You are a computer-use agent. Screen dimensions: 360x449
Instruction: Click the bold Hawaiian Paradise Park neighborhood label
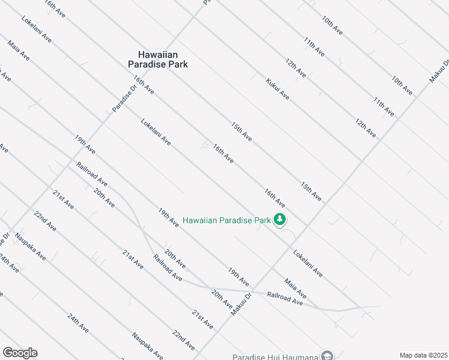point(158,59)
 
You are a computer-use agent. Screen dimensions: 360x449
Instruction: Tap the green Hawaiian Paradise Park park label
point(227,220)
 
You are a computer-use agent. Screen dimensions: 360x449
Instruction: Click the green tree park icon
point(279,220)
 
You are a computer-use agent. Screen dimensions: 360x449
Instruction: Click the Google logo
point(20,353)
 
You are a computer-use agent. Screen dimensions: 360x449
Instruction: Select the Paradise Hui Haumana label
point(275,357)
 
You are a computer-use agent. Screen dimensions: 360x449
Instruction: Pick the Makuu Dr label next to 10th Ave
point(438,71)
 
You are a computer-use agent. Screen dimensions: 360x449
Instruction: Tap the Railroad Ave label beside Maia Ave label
point(285,298)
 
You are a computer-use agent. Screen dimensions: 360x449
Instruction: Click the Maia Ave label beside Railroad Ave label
point(295,287)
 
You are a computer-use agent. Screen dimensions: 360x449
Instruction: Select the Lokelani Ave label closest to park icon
point(308,263)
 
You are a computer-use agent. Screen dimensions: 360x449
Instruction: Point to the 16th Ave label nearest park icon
point(274,197)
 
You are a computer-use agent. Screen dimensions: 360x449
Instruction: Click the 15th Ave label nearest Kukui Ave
point(241,132)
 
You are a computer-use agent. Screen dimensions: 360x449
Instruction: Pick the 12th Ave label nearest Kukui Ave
point(295,68)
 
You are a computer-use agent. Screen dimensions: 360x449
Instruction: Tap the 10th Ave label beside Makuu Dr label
point(402,85)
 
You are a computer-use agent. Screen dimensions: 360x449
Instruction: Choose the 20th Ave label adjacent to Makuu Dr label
point(221,300)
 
